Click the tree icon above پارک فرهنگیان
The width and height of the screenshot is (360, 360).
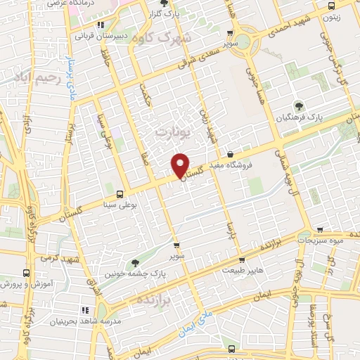300,105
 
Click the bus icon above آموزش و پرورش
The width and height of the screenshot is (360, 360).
27,273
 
